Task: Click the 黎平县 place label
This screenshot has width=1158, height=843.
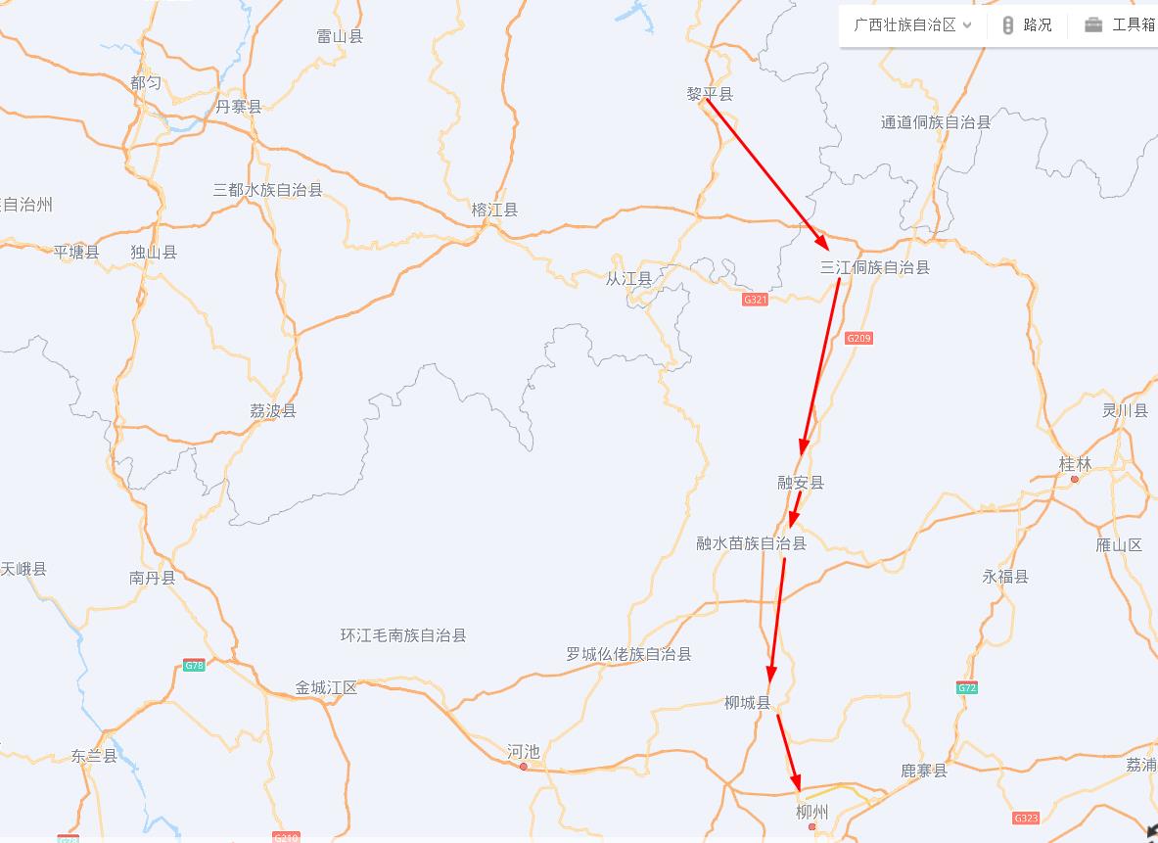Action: (710, 94)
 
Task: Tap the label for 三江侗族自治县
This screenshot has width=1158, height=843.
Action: (874, 267)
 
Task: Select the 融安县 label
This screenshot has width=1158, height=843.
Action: (801, 482)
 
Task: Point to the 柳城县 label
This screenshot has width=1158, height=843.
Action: (748, 702)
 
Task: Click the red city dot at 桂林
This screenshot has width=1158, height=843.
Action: (1075, 479)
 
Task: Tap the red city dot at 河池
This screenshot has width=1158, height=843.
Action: (524, 767)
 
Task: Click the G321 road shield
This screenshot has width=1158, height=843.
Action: (755, 300)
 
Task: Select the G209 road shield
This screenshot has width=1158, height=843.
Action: (858, 338)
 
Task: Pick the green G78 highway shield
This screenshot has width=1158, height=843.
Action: (194, 666)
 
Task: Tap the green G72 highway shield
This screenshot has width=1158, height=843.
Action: (967, 687)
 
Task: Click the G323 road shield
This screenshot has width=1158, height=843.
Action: (1026, 818)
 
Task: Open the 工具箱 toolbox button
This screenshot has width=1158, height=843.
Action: (1121, 25)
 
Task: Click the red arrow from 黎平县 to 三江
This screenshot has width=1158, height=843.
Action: (767, 172)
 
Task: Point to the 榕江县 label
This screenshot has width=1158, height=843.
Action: (494, 210)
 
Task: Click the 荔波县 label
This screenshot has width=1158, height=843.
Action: (273, 410)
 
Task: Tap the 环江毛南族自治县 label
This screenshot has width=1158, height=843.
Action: (403, 635)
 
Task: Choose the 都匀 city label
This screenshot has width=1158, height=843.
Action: (146, 83)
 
